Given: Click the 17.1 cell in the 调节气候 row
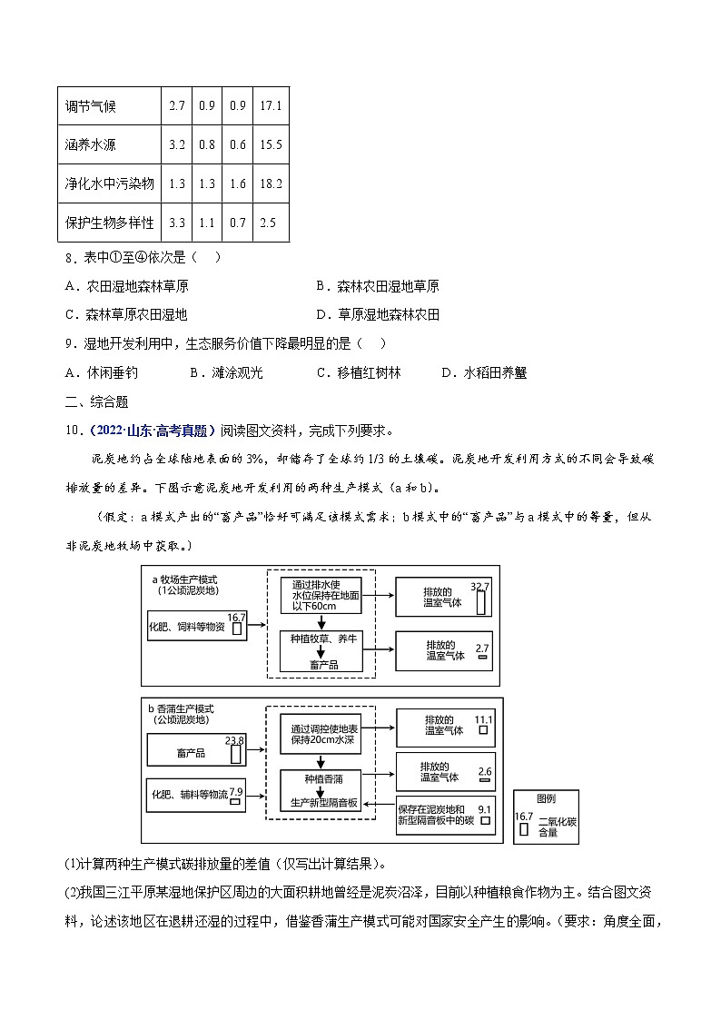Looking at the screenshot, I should pyautogui.click(x=271, y=106).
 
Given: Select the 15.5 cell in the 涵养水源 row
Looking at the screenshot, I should pyautogui.click(x=271, y=144).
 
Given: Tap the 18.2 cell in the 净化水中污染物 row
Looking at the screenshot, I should pyautogui.click(x=271, y=183).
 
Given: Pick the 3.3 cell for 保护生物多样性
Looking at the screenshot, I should pyautogui.click(x=177, y=223).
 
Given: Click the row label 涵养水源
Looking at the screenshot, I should pyautogui.click(x=91, y=144).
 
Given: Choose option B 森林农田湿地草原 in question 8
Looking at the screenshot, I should pyautogui.click(x=378, y=286).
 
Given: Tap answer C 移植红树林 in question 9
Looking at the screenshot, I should pyautogui.click(x=358, y=372).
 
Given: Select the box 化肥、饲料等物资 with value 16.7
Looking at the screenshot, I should pyautogui.click(x=197, y=626).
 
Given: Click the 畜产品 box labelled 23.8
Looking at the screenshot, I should pyautogui.click(x=196, y=751).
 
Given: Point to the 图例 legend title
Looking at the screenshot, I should pyautogui.click(x=546, y=799).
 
